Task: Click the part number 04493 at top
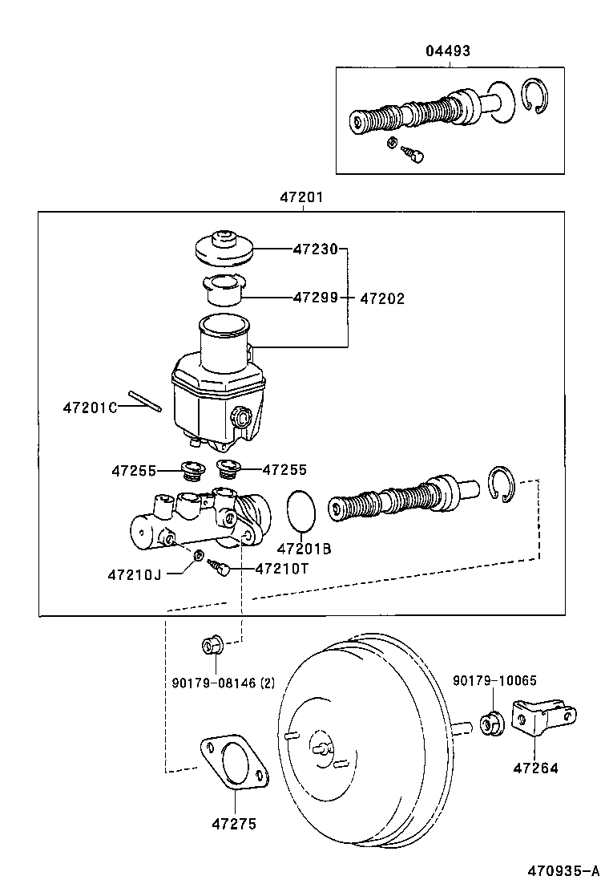447,51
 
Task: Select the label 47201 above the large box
302,197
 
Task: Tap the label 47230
315,249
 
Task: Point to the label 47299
315,297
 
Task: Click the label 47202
382,298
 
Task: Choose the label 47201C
90,407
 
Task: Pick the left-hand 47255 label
133,470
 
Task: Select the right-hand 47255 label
284,470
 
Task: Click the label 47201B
304,549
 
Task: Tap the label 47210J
134,574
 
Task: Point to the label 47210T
281,569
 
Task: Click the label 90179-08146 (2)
223,683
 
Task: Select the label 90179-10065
494,681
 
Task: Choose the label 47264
535,768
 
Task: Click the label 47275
234,823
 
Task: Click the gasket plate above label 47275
234,763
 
